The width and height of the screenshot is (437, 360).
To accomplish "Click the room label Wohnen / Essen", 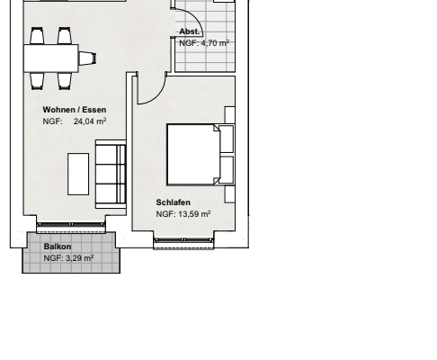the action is tap(75, 110).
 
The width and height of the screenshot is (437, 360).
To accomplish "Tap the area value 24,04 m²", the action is tap(90, 121).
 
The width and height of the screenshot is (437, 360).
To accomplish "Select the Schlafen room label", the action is tap(174, 202).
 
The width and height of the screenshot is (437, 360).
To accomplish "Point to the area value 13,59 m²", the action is tap(194, 214).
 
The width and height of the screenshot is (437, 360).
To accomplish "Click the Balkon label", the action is tap(58, 247).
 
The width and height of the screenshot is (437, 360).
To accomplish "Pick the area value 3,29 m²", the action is tap(79, 258).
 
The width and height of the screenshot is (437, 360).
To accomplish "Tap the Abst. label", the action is tap(190, 31).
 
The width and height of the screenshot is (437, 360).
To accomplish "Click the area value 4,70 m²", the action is tap(215, 43).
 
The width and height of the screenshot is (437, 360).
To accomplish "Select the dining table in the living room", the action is tap(51, 58).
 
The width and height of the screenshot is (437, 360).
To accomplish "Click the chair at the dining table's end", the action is tap(87, 58).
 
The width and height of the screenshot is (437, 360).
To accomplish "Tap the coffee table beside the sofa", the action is tap(78, 175).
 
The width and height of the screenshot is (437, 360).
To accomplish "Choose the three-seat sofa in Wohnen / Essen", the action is tap(111, 174).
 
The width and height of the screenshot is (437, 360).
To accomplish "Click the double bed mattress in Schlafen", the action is tap(194, 155).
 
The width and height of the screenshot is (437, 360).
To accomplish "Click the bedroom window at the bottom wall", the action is tap(183, 240).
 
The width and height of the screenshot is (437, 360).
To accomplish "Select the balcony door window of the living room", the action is tap(71, 224).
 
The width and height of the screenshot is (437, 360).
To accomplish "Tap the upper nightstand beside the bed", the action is tap(230, 114).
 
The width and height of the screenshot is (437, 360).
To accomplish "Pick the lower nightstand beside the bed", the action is tap(230, 194).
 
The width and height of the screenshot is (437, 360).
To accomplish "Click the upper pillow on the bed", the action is tap(227, 139).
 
